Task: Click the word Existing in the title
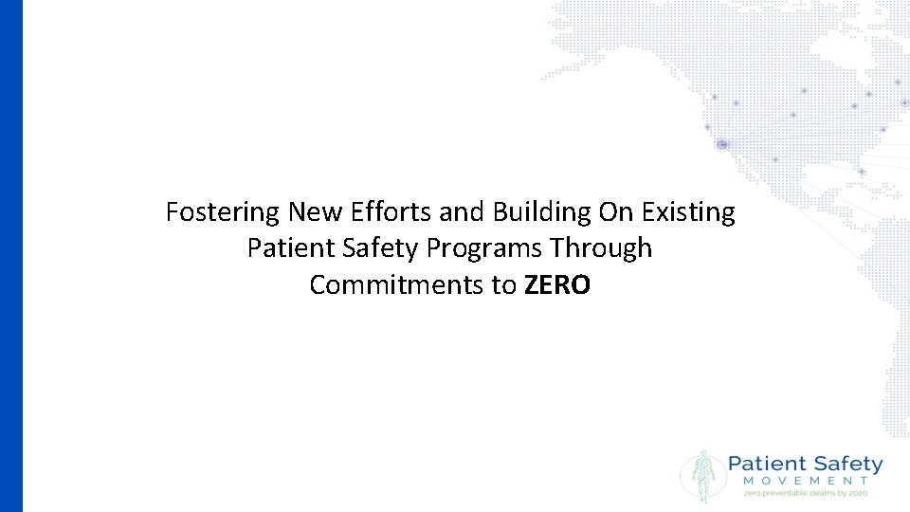point(688,212)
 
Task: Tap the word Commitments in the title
point(398,284)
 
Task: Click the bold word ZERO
point(556,284)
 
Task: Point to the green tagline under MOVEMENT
point(806,493)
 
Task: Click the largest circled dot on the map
point(722,144)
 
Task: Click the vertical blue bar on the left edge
point(10,256)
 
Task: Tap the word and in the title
point(462,212)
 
